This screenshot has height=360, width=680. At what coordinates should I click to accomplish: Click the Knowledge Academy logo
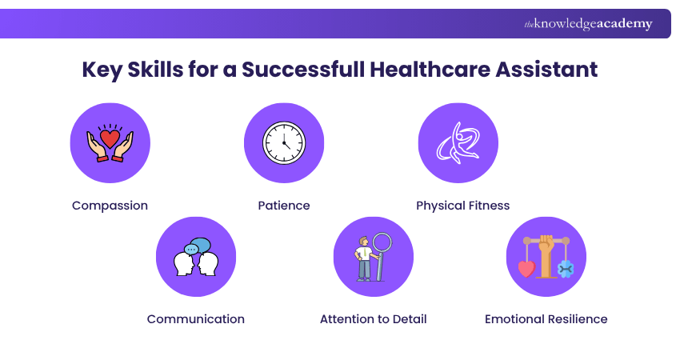(588, 24)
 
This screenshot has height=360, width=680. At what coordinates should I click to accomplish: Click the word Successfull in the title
(303, 70)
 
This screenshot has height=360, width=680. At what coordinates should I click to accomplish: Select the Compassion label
(110, 206)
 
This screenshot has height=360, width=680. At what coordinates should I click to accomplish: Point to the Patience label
(284, 206)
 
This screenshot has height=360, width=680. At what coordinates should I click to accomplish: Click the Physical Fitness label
(462, 206)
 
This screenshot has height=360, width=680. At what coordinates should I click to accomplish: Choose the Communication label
(195, 319)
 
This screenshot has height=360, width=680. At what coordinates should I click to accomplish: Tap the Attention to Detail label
(374, 319)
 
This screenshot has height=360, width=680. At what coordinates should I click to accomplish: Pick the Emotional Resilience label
(546, 319)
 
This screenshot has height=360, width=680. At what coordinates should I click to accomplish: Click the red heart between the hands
(110, 138)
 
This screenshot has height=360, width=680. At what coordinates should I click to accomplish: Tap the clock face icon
(284, 142)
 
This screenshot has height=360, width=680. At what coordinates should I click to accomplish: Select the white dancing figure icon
(458, 142)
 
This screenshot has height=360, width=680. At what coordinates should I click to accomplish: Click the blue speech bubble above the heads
(201, 246)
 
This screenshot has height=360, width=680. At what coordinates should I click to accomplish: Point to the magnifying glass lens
(382, 244)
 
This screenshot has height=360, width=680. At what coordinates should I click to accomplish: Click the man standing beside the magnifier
(363, 259)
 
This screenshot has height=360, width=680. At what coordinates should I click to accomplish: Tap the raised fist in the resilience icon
(546, 245)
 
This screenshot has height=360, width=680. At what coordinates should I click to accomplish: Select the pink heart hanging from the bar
(527, 269)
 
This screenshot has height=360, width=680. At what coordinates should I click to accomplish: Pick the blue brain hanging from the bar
(566, 269)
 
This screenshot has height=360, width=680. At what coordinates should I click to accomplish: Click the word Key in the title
(102, 70)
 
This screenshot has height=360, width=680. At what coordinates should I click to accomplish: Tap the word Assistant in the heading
(546, 70)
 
